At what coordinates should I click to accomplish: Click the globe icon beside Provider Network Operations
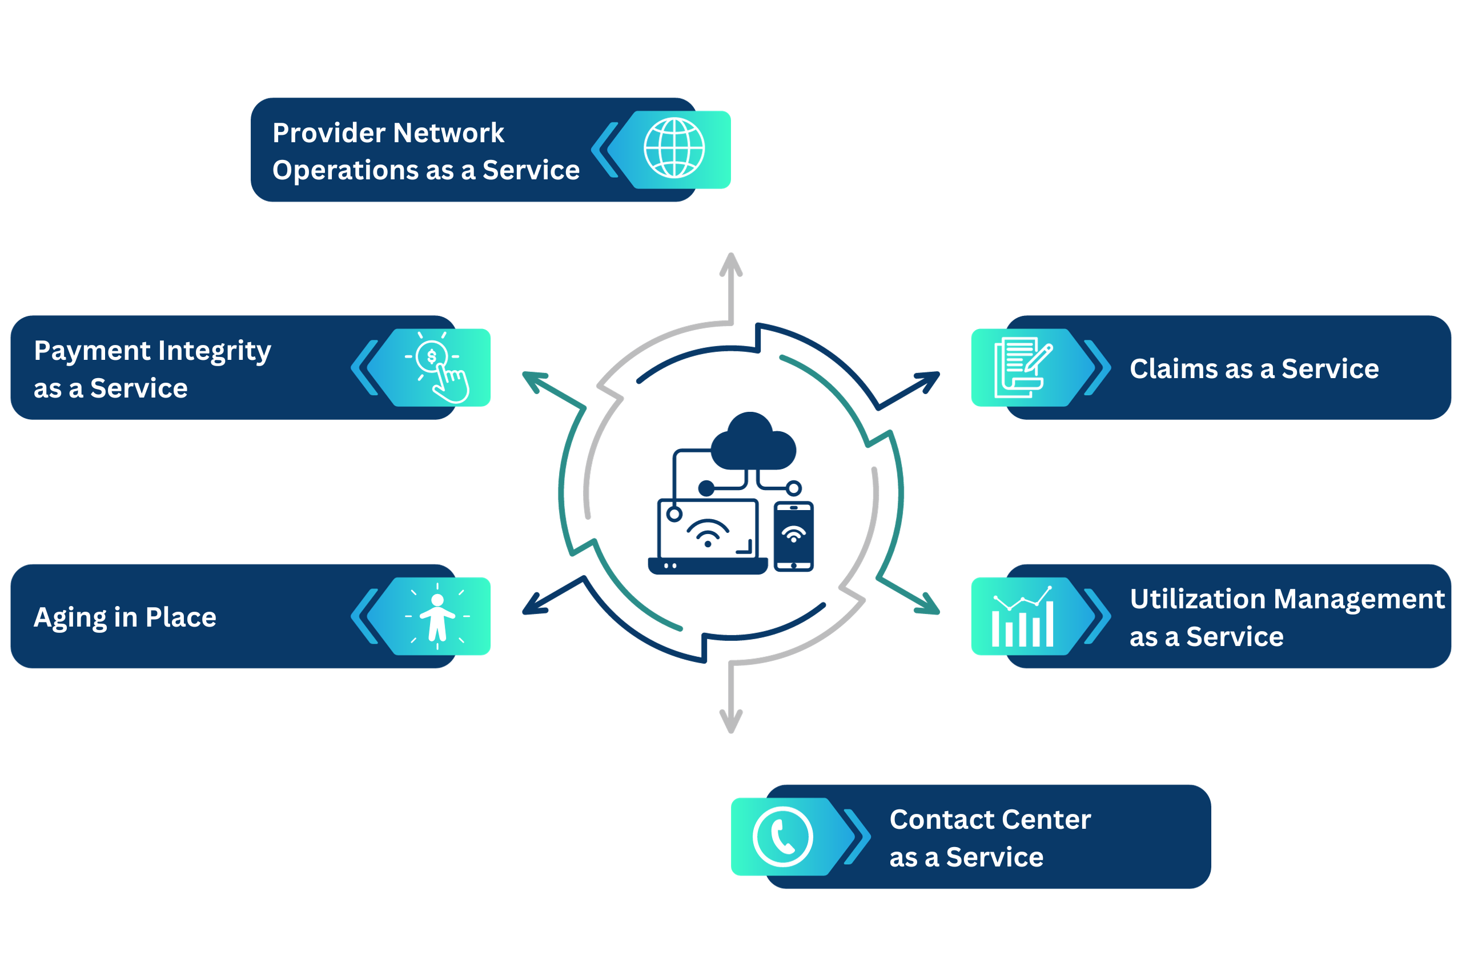[x=674, y=148]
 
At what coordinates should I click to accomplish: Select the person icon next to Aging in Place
[x=437, y=616]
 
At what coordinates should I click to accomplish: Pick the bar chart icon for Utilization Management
[x=1022, y=616]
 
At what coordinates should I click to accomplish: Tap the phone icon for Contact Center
[x=782, y=837]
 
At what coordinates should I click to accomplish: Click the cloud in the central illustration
[x=753, y=441]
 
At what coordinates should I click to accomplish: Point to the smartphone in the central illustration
[x=793, y=536]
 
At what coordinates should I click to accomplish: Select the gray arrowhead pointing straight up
[x=731, y=264]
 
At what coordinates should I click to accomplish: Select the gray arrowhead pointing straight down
[x=731, y=721]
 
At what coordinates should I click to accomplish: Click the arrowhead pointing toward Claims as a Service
[x=929, y=381]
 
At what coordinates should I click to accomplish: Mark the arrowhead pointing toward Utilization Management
[x=929, y=604]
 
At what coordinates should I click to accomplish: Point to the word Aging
[x=70, y=618]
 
